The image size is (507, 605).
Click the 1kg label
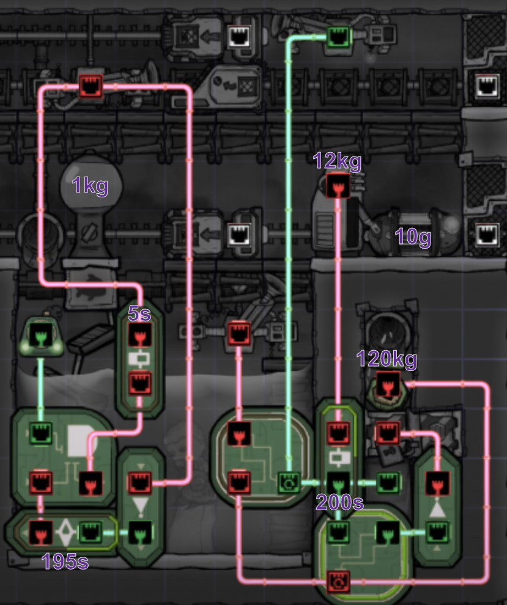90,184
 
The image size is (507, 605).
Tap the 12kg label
337,161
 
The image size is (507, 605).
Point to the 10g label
413,237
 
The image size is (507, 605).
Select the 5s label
140,313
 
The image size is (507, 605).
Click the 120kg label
387,359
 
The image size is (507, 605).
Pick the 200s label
340,502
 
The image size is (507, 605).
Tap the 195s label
65,561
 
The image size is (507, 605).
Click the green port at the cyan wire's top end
336,36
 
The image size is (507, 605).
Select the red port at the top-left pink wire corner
91,86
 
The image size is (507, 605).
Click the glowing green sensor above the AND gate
40,337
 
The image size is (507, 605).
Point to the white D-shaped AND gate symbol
78,440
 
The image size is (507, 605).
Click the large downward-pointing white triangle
140,507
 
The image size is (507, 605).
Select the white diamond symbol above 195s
65,532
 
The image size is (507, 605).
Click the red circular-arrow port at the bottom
338,578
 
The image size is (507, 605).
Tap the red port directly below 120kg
387,384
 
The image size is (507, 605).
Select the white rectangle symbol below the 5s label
139,358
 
